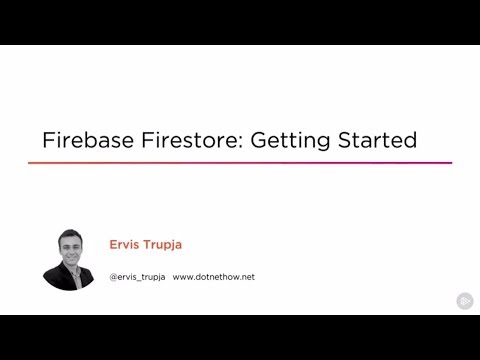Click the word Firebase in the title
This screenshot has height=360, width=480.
81,140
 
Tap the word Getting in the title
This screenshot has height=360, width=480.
290,141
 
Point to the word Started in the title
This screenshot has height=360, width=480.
377,140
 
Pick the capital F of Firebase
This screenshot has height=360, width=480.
46,140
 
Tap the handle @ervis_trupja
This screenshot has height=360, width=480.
137,276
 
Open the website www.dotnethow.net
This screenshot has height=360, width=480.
213,276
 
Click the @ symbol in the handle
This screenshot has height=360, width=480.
113,276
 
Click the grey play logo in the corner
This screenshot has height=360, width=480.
465,300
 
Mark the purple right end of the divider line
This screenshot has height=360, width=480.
449,162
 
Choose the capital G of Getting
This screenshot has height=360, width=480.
258,140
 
